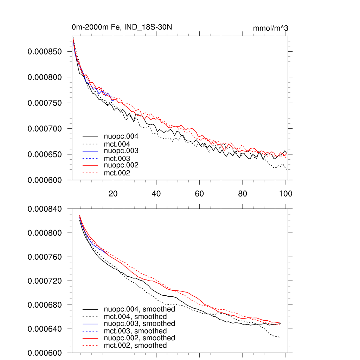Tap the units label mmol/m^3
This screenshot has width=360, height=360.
270,28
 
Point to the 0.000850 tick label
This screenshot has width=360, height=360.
45,51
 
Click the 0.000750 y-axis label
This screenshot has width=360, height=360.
45,103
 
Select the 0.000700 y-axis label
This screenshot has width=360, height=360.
45,129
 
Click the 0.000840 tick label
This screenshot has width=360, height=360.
45,209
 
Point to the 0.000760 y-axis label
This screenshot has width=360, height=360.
45,257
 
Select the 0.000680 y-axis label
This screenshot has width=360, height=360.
45,305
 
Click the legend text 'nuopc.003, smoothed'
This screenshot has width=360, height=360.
140,323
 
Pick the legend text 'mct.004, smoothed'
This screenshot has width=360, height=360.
135,317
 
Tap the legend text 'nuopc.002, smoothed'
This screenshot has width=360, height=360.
140,338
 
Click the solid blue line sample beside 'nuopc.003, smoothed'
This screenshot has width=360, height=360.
90,323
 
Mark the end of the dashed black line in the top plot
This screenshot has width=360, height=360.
287,169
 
